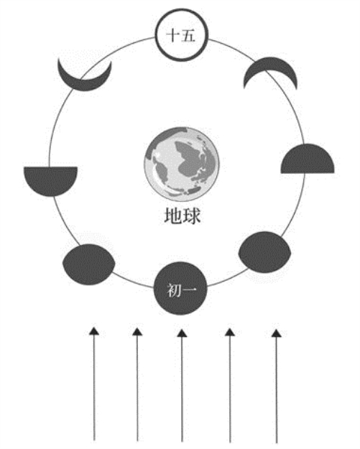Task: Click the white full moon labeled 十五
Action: (181, 35)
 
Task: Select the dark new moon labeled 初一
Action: (180, 288)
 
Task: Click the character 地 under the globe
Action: (173, 216)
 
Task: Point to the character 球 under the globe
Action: (191, 216)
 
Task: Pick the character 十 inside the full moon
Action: (173, 36)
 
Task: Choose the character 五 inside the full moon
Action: (188, 36)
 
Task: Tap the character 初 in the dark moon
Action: (173, 290)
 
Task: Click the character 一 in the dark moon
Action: (189, 290)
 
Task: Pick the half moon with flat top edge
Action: (50, 180)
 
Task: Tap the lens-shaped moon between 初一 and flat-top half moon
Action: (89, 264)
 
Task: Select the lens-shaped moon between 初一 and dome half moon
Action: (265, 252)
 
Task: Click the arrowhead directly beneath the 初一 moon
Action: (182, 333)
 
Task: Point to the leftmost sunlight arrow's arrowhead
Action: (94, 331)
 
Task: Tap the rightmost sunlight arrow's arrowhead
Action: (277, 333)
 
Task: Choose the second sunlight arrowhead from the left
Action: (137, 332)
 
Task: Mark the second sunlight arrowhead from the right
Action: (230, 332)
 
